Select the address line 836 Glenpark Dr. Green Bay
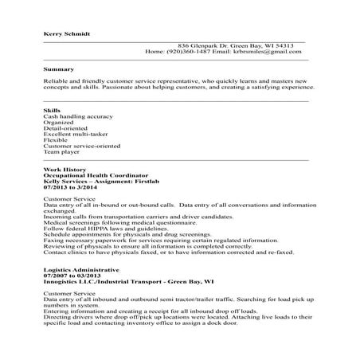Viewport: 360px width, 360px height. coord(237,45)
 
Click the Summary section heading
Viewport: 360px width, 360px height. coord(59,69)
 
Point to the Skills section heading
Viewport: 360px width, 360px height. coord(52,109)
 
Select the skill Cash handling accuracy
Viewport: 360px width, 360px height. coord(78,115)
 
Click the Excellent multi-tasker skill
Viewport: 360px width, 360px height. coord(75,135)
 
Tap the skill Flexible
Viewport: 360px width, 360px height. coord(56,141)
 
